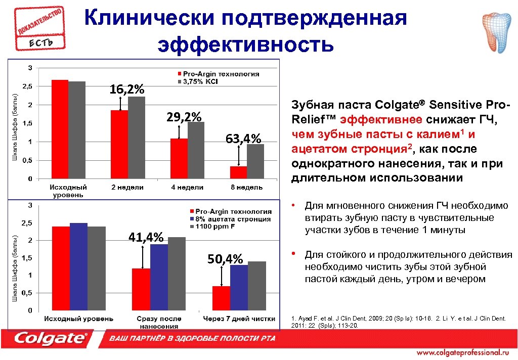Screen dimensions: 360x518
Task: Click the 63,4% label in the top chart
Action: pos(243,138)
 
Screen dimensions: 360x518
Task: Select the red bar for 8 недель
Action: pos(238,172)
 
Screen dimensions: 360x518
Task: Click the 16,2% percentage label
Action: pos(127,89)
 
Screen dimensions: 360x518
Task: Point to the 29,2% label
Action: pos(184,117)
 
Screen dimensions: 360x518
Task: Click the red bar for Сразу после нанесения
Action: pos(141,289)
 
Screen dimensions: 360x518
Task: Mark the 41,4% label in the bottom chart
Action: pos(146,237)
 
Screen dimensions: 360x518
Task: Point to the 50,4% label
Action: pos(225,259)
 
